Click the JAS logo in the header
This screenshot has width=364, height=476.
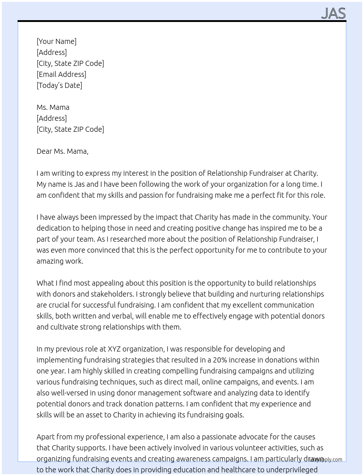pyautogui.click(x=333, y=13)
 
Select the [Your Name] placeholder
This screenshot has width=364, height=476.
pyautogui.click(x=56, y=41)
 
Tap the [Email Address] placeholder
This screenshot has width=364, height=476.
pyautogui.click(x=61, y=74)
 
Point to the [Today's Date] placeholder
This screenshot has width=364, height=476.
pyautogui.click(x=59, y=85)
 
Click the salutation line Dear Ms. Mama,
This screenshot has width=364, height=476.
pyautogui.click(x=62, y=151)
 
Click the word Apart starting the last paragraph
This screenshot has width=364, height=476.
pyautogui.click(x=46, y=437)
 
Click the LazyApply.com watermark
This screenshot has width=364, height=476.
pyautogui.click(x=326, y=460)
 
